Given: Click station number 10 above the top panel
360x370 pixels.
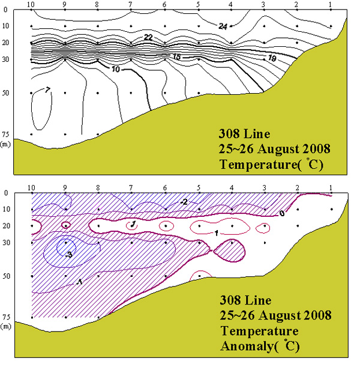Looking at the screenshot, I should (x=32, y=5).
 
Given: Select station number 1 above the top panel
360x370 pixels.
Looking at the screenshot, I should (x=331, y=5).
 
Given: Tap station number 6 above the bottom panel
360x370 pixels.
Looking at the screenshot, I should (x=164, y=187).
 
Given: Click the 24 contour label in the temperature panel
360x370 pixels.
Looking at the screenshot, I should (x=223, y=25).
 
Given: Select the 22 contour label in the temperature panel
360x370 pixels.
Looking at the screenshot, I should (x=148, y=37).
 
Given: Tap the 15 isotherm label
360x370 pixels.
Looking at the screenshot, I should (x=176, y=56).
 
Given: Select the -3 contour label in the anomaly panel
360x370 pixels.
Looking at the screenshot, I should (x=69, y=255).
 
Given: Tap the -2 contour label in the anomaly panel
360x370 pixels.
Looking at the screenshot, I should (x=184, y=202).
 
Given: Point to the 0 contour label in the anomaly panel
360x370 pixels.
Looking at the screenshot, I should (x=282, y=213).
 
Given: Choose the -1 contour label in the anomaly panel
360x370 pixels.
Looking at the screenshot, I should (x=79, y=282).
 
